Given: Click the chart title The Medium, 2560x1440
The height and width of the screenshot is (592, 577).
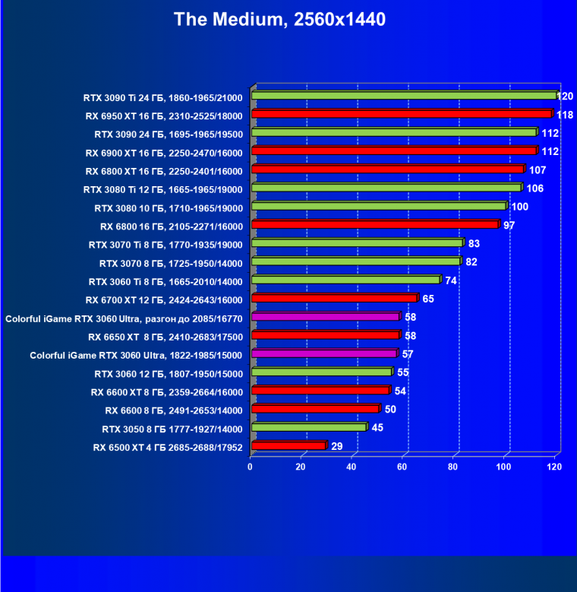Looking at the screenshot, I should click(279, 20).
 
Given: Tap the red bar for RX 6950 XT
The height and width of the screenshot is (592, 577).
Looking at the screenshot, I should click(401, 115).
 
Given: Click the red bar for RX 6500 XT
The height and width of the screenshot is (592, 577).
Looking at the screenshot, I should click(288, 446).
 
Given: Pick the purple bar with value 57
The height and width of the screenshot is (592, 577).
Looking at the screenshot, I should click(324, 354).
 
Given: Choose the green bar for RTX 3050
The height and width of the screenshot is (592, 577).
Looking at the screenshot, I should click(308, 428).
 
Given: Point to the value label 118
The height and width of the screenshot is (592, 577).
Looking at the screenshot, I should click(564, 115).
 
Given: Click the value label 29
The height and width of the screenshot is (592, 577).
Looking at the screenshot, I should click(337, 446).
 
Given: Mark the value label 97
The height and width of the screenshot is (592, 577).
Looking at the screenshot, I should click(509, 225).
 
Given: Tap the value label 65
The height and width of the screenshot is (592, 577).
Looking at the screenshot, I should click(428, 299).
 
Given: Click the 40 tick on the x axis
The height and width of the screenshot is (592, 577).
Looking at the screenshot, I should click(352, 467).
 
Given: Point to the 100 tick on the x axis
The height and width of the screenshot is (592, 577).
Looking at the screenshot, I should click(503, 467).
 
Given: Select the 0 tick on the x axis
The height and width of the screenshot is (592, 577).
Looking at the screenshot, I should click(251, 467).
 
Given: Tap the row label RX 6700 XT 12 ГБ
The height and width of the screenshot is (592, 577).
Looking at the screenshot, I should click(164, 299).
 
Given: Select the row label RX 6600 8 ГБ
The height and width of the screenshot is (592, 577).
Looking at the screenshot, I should click(174, 410).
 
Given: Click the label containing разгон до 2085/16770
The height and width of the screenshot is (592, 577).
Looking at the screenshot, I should click(124, 318).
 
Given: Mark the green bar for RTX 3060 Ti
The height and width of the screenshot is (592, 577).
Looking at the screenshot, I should click(345, 280).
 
